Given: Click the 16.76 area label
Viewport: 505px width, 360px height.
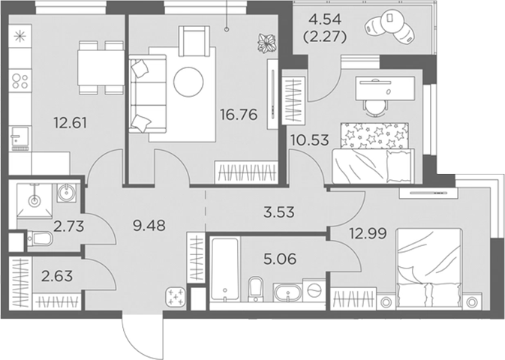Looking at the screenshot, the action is pos(239,114).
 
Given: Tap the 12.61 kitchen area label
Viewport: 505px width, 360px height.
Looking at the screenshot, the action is pos(71,123).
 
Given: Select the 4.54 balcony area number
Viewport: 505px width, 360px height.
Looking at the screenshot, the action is pos(324,20).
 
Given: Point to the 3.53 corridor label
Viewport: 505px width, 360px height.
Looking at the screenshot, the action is pos(278,212).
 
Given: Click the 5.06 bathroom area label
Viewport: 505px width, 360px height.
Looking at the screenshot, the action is pos(280,259).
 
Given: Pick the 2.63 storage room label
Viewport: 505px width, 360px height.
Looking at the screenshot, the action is pos(57,276).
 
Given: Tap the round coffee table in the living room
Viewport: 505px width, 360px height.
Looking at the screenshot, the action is pos(188,82).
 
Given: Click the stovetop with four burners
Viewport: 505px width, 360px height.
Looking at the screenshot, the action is pos(20,80).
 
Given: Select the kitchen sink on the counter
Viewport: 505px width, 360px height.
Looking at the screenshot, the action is pos(20,136).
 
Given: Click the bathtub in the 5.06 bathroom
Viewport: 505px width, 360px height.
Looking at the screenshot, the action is pos(225,269).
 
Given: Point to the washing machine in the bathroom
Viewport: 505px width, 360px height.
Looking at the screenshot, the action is pos(314,290).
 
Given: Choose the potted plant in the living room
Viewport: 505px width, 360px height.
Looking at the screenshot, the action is pos(267,43).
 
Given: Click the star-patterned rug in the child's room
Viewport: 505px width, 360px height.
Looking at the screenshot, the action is pos(374,136).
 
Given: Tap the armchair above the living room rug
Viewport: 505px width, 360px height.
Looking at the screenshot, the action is pos(194,40).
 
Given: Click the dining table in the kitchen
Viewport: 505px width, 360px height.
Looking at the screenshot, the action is pos(101,67).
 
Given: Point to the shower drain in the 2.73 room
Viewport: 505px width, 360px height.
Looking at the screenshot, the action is pos(34,201).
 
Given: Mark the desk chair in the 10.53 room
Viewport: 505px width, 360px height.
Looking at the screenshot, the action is pos(375,106).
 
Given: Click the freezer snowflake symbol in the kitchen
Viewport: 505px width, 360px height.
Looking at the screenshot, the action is pos(20,36).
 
